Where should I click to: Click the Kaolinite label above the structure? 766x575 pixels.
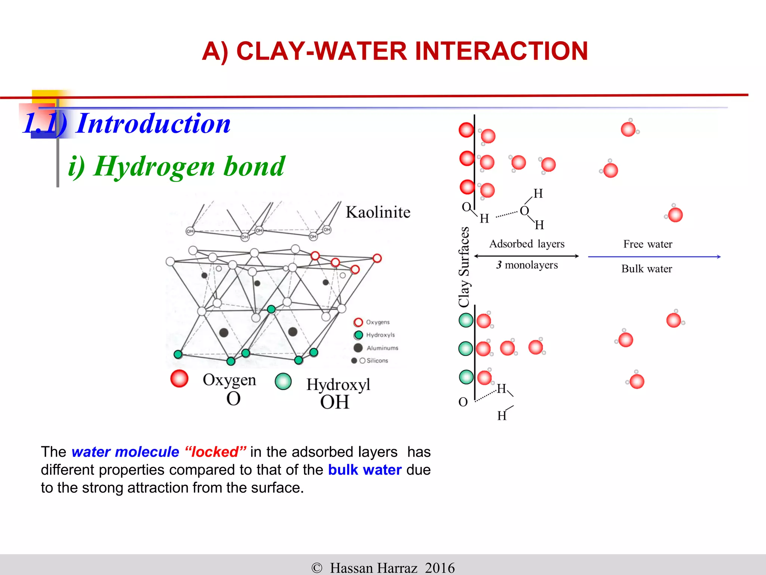[378, 212]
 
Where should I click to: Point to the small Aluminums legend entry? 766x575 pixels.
[382, 348]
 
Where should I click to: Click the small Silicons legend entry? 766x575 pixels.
[377, 360]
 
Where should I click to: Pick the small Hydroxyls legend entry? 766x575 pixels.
[380, 335]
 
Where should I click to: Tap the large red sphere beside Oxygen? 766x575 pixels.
[179, 378]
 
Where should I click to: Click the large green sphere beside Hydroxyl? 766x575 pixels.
[283, 381]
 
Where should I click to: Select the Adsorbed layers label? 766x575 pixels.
[527, 244]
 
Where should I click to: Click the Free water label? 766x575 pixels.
[647, 244]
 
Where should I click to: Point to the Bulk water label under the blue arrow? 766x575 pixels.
[646, 269]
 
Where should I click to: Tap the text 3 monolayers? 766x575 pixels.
[527, 265]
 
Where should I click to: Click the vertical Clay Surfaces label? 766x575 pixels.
[464, 267]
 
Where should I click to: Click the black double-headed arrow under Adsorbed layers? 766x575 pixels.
[526, 256]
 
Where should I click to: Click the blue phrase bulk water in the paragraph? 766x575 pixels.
[365, 470]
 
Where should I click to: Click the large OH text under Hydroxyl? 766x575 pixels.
[334, 402]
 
